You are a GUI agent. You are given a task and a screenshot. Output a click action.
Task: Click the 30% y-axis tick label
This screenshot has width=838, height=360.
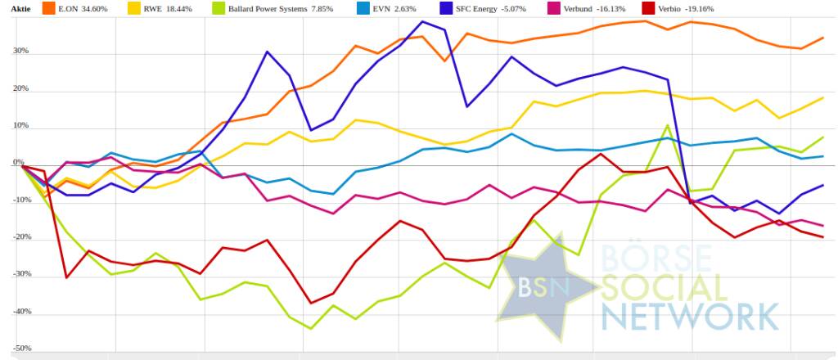[20, 52]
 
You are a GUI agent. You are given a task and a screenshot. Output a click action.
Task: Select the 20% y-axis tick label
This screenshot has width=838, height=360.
[20, 89]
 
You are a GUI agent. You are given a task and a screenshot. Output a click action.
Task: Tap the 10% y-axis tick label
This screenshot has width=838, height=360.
[20, 127]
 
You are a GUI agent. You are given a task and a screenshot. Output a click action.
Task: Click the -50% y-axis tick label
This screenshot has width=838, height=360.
[18, 349]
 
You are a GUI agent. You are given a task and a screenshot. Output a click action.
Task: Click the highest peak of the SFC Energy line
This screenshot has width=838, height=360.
[422, 21]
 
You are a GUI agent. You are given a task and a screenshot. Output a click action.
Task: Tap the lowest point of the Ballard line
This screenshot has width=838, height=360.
[310, 329]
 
